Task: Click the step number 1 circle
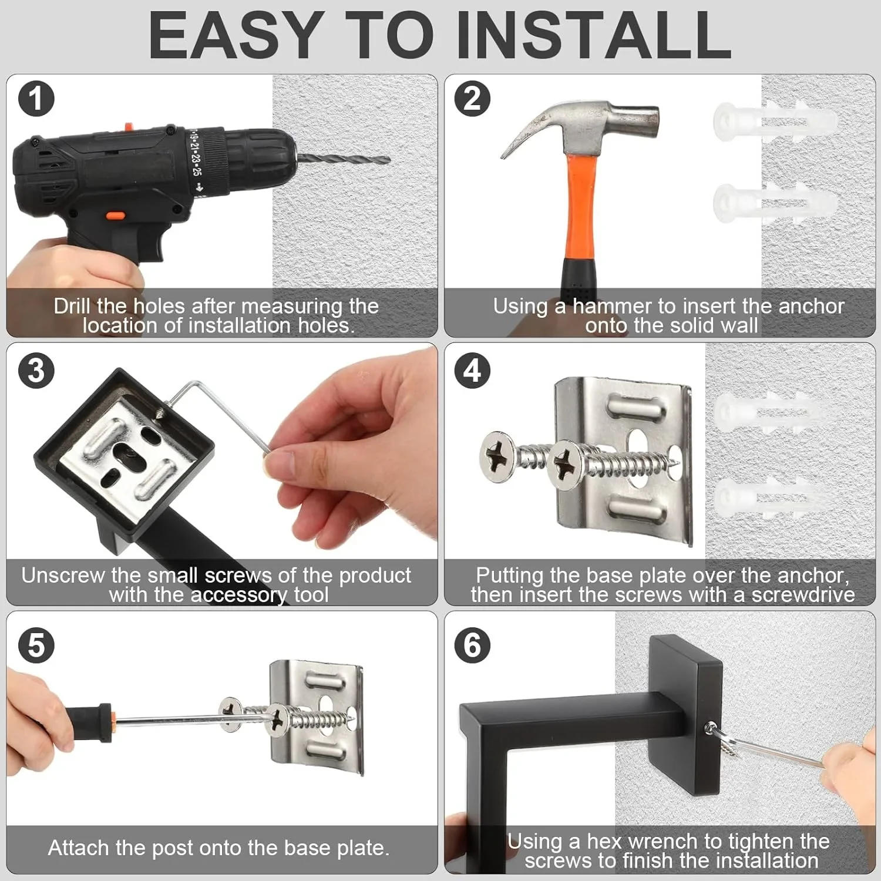[x=36, y=99]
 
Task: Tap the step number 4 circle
[x=472, y=371]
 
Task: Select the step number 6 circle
[x=472, y=645]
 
